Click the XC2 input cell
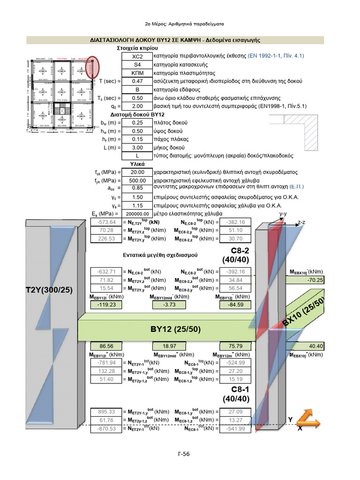(137, 55)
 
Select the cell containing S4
(137, 64)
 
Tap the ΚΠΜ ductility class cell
(137, 73)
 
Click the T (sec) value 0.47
(137, 81)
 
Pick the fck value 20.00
(137, 172)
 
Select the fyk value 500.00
(137, 180)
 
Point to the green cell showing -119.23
(106, 305)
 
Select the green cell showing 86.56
(106, 346)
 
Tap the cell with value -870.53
(106, 428)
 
